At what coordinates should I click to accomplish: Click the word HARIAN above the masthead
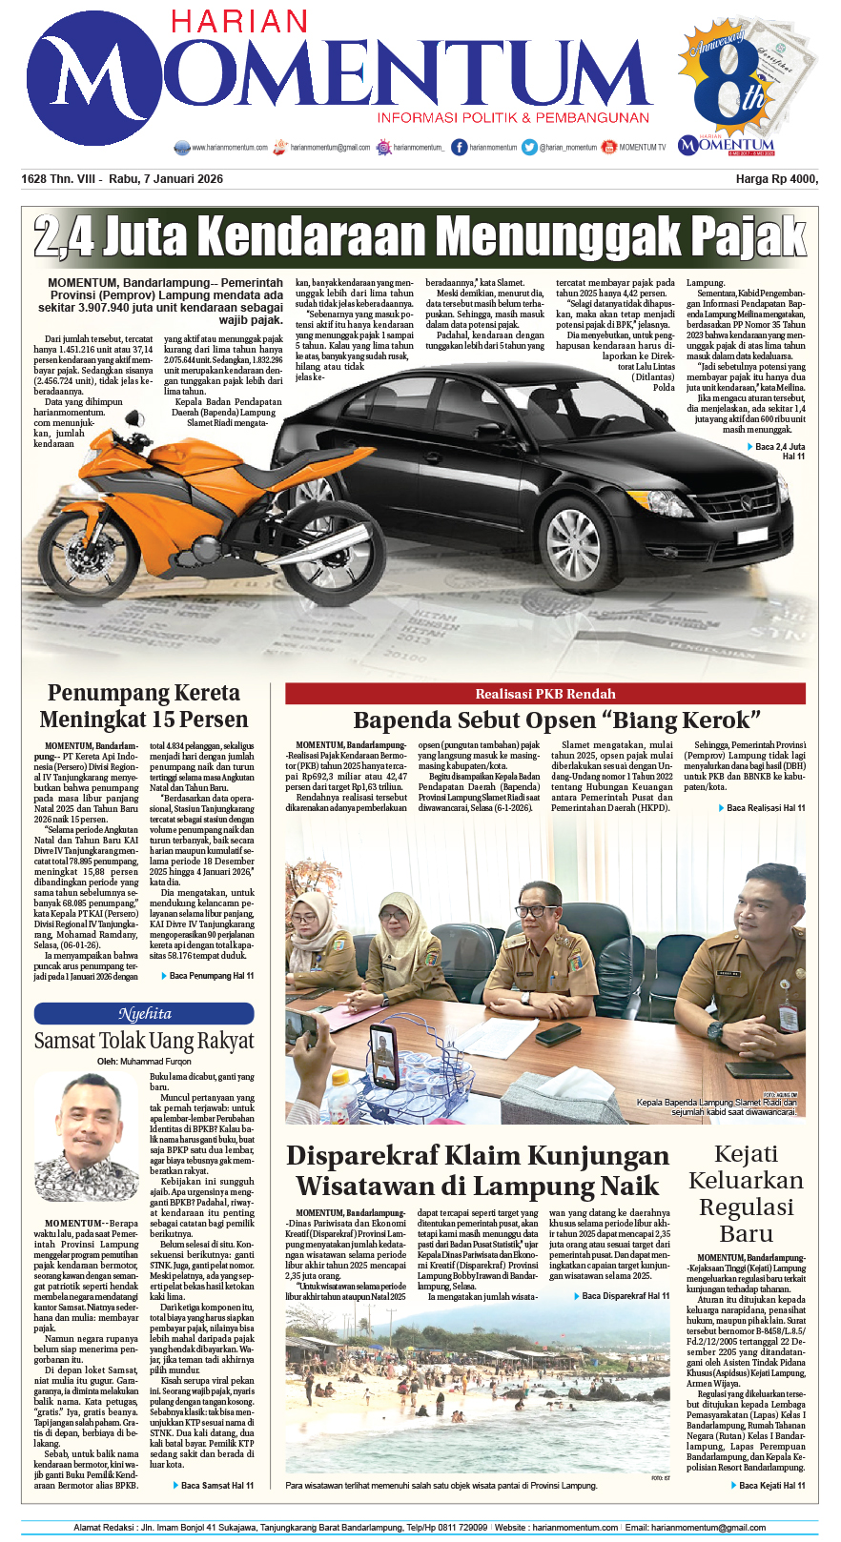(238, 22)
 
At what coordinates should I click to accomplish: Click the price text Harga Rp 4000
(776, 179)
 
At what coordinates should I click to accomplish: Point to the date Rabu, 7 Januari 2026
(166, 179)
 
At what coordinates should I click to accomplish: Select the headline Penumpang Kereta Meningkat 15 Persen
(144, 706)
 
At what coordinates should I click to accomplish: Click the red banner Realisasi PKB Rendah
(544, 694)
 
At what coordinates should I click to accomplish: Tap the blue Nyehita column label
(144, 1014)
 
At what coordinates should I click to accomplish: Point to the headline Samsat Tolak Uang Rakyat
(144, 1041)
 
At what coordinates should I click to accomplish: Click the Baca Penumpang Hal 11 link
(211, 976)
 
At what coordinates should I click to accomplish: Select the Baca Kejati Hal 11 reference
(771, 1485)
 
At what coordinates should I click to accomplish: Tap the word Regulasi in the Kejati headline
(747, 1207)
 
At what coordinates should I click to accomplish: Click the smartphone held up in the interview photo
(384, 1057)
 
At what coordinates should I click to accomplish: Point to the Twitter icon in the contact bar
(529, 148)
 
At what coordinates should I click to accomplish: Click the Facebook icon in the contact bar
(460, 148)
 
